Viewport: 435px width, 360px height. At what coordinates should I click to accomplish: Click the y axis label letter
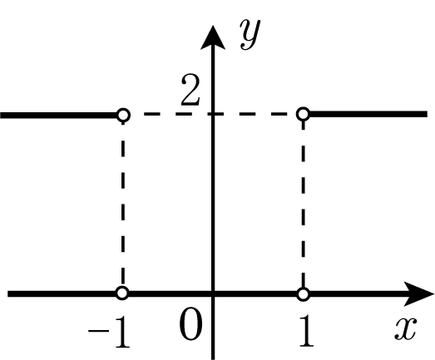[x=250, y=34]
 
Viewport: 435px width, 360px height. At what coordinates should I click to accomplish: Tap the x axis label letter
[x=406, y=328]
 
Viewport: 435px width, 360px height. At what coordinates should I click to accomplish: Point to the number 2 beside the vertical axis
[x=190, y=90]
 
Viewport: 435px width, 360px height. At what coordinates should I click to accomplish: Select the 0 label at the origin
[x=190, y=323]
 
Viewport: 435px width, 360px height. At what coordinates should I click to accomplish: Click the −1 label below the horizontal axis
[x=109, y=332]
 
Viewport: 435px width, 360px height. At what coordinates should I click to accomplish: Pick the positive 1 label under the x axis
[x=306, y=332]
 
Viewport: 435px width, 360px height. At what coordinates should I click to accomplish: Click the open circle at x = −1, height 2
[x=123, y=115]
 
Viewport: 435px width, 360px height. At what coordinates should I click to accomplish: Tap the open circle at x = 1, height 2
[x=304, y=114]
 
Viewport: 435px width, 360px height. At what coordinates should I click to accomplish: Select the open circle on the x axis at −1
[x=122, y=293]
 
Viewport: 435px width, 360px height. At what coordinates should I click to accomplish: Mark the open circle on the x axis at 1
[x=304, y=294]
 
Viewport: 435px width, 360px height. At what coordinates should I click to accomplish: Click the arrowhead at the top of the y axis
[x=213, y=37]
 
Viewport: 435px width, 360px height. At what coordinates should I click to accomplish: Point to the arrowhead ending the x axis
[x=418, y=293]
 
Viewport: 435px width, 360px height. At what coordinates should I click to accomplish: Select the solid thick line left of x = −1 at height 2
[x=58, y=115]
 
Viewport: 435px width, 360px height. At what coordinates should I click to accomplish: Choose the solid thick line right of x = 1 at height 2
[x=368, y=114]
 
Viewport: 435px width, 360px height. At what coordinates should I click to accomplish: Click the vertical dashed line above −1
[x=123, y=204]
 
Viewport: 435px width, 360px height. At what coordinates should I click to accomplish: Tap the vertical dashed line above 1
[x=304, y=204]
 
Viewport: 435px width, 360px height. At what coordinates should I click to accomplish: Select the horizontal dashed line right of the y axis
[x=255, y=114]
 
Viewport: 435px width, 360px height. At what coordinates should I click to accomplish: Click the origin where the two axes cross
[x=213, y=293]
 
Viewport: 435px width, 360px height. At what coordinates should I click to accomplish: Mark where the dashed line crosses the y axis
[x=213, y=114]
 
